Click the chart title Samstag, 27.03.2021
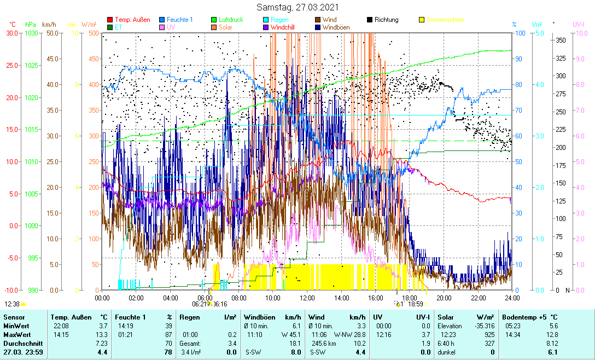point(297,8)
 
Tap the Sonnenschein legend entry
point(445,20)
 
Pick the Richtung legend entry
point(386,20)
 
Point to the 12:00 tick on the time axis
point(307,298)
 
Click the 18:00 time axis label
point(410,298)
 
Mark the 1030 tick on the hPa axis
point(32,33)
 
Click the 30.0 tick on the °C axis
point(12,33)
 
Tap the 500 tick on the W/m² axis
point(93,33)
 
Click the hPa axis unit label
point(31,25)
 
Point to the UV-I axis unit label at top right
point(579,25)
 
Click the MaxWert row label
point(16,334)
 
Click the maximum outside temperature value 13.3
point(102,334)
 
